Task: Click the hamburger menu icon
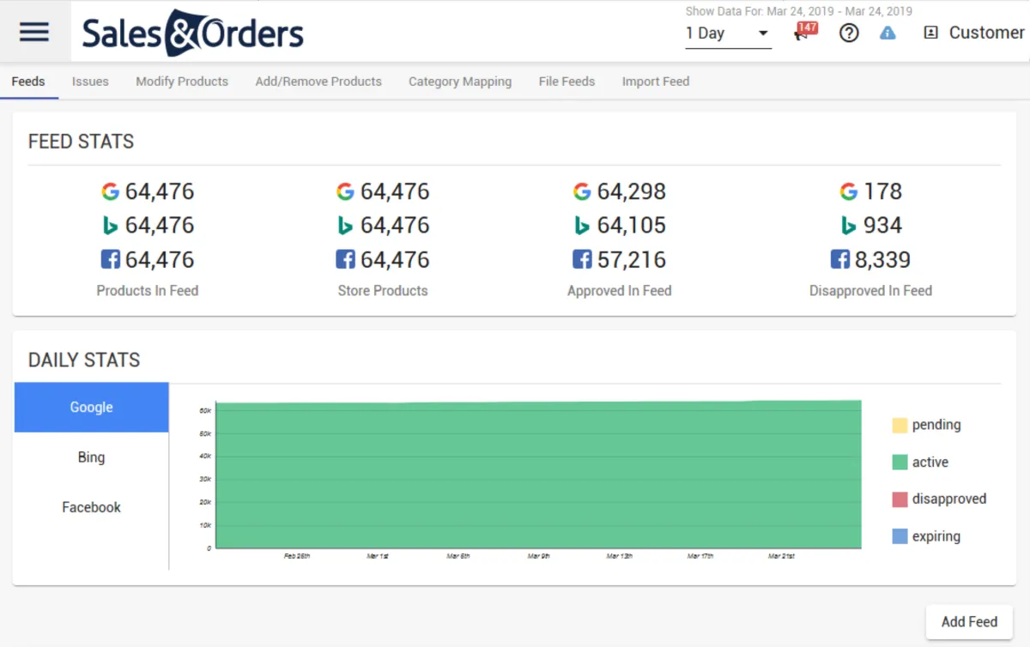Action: [x=34, y=33]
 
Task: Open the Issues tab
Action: [x=90, y=82]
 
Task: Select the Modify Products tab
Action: [x=182, y=82]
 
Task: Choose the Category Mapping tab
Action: [x=460, y=82]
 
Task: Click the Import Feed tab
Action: [x=656, y=82]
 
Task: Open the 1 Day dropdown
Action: [x=727, y=33]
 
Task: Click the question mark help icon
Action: [x=849, y=33]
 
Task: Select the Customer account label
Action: [x=986, y=33]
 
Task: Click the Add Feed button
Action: [x=969, y=622]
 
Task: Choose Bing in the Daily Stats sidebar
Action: [x=91, y=457]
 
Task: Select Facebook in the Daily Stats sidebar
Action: [x=91, y=507]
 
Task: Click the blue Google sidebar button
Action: [x=91, y=408]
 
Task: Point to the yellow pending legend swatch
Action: [x=900, y=425]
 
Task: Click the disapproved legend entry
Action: [x=948, y=499]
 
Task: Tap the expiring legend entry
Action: [x=936, y=536]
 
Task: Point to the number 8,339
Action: [x=882, y=260]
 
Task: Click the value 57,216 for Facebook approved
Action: [x=631, y=260]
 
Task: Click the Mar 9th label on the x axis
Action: [x=539, y=556]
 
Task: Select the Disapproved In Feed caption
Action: [x=870, y=291]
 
